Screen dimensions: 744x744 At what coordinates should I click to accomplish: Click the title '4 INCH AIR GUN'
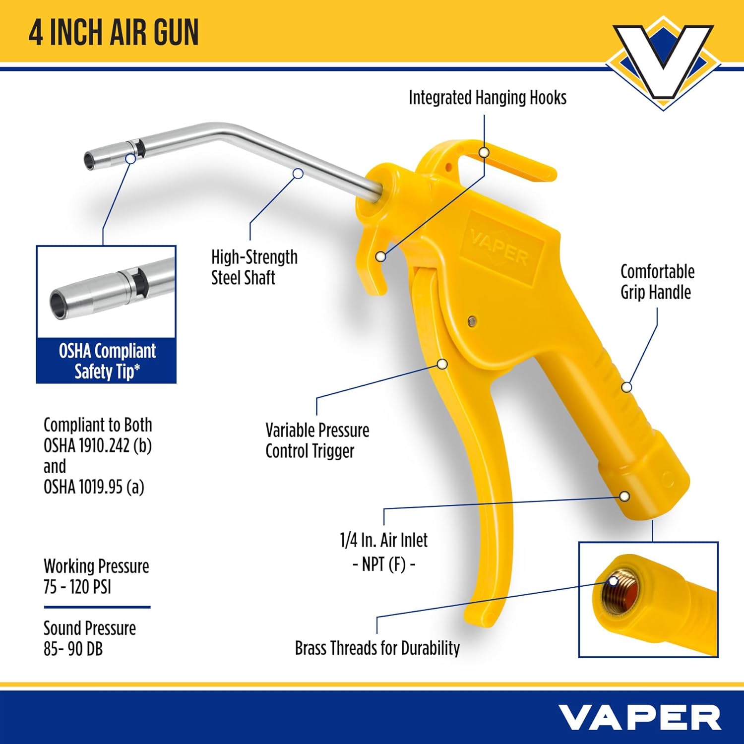coord(114,32)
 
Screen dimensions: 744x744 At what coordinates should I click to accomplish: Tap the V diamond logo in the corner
coord(663,62)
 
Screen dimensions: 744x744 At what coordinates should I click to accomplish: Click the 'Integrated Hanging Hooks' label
coord(487,98)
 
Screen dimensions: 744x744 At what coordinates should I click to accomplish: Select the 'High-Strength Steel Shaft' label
coord(254,267)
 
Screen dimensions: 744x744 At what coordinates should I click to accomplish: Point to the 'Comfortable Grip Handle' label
coord(657,282)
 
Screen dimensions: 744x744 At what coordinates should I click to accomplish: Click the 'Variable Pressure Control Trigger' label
coord(317,440)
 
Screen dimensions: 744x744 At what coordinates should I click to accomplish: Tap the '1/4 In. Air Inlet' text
coord(383,540)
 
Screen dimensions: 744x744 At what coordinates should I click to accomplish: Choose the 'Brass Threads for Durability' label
coord(377,648)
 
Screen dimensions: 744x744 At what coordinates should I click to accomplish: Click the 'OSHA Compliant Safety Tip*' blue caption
coord(107,361)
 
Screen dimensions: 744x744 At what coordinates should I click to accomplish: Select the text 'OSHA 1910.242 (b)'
coord(98,446)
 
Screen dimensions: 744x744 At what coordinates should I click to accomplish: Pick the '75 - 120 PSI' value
coord(77,587)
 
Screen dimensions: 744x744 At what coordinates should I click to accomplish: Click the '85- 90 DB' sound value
coord(73,649)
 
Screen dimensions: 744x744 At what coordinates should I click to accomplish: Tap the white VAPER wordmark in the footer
coord(639,717)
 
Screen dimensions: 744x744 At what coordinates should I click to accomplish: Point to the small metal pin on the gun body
coord(472,321)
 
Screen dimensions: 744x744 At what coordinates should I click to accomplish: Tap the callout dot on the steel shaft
coord(298,174)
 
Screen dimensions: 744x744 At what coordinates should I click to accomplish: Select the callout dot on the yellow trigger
coord(442,364)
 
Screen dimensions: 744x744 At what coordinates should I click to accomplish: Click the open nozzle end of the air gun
coord(89,160)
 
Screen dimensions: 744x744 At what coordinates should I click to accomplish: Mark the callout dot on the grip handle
coord(627,387)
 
